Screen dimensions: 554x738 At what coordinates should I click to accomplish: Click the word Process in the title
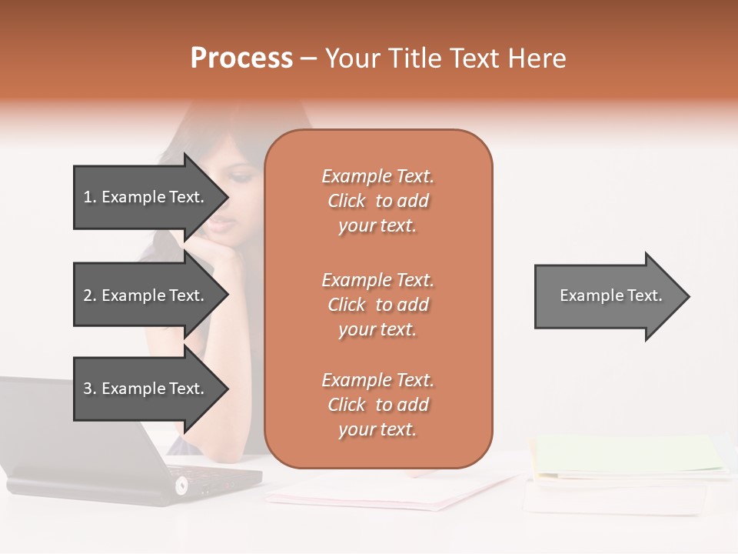pos(241,58)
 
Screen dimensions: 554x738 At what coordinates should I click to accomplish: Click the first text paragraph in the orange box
pos(377,201)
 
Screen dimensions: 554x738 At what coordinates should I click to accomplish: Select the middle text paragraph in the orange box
pos(377,305)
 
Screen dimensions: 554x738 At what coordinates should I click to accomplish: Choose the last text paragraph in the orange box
pos(377,405)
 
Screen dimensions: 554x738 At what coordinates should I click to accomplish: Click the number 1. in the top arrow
pos(89,197)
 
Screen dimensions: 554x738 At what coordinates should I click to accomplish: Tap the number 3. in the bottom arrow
pos(89,389)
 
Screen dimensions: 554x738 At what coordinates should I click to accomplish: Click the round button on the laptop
pos(181,485)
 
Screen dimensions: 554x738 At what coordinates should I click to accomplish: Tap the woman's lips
pos(221,222)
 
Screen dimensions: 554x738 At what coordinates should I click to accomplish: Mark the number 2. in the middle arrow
pos(90,295)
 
